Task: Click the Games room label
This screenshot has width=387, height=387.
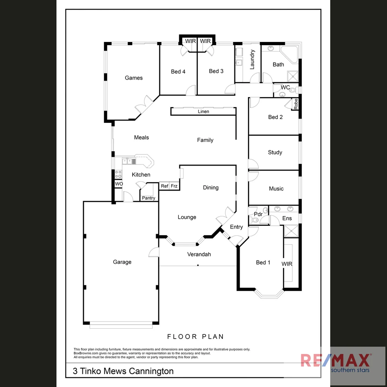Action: click(134, 78)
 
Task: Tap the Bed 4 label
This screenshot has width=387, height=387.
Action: click(178, 72)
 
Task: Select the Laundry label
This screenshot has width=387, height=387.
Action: click(252, 59)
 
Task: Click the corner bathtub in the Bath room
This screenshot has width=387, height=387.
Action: click(290, 54)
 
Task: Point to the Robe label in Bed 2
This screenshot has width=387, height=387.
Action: click(296, 104)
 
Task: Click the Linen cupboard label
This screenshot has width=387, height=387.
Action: click(203, 111)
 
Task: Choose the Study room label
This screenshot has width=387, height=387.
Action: click(275, 152)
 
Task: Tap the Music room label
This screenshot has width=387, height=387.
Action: click(276, 188)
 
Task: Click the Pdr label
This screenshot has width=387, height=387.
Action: click(258, 214)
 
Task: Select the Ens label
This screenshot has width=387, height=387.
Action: click(287, 218)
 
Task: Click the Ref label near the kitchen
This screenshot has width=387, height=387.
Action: click(164, 186)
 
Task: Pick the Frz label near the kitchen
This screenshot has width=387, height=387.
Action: click(174, 186)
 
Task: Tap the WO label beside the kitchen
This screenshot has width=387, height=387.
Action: click(119, 184)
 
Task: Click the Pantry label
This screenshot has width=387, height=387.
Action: click(148, 198)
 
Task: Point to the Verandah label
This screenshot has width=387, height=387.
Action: click(199, 254)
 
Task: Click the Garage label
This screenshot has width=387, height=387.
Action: click(122, 262)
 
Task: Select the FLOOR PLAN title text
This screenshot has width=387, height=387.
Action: click(196, 336)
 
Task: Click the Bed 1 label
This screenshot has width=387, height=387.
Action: click(263, 262)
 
